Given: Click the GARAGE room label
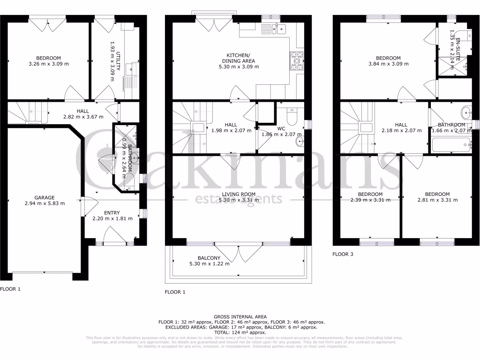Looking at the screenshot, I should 44,197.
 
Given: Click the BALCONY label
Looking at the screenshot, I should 209,258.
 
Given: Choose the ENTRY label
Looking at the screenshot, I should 112,212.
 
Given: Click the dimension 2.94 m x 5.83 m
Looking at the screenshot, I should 44,203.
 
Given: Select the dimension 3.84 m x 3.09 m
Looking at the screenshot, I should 388,64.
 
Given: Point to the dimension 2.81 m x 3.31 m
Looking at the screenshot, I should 437,200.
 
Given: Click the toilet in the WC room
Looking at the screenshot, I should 291,117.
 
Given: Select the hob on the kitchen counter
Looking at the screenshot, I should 297,61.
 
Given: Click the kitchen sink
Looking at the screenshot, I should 276,29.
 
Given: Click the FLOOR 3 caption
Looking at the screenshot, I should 343,255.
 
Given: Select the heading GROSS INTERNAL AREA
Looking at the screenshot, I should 240,317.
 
